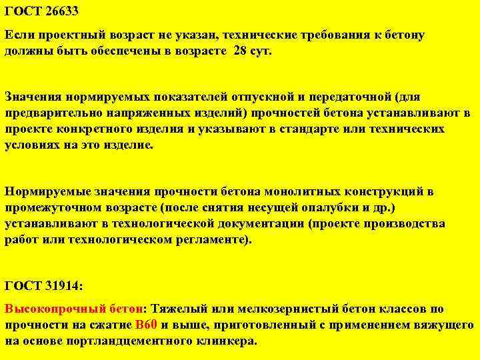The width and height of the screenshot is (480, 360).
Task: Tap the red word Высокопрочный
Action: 56,309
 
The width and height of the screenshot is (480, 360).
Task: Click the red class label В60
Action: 145,325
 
